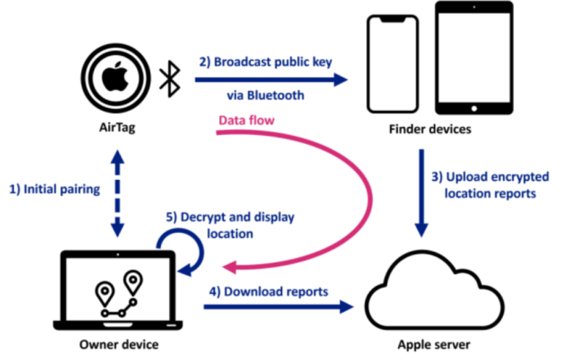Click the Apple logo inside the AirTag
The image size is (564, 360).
pyautogui.click(x=115, y=76)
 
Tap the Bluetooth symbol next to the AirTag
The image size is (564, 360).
pyautogui.click(x=170, y=79)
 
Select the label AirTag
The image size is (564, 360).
pyautogui.click(x=117, y=127)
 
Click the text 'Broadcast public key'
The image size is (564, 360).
pyautogui.click(x=272, y=62)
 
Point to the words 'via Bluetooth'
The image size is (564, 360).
pyautogui.click(x=265, y=96)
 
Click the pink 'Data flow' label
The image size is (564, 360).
pyautogui.click(x=247, y=120)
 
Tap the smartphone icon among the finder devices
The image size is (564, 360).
pyautogui.click(x=393, y=64)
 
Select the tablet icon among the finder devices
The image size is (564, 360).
pyautogui.click(x=474, y=57)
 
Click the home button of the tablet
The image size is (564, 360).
pyautogui.click(x=474, y=108)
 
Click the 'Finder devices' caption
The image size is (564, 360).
pyautogui.click(x=430, y=129)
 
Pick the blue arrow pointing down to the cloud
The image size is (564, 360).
pyautogui.click(x=422, y=193)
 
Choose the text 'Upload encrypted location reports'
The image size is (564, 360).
pyautogui.click(x=490, y=185)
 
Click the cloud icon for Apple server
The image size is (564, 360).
pyautogui.click(x=435, y=290)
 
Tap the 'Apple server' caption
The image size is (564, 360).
pyautogui.click(x=434, y=345)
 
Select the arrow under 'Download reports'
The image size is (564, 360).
pyautogui.click(x=279, y=306)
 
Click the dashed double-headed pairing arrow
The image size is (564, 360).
pyautogui.click(x=117, y=193)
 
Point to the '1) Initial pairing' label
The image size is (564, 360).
pyautogui.click(x=54, y=190)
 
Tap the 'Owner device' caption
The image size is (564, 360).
pyautogui.click(x=119, y=345)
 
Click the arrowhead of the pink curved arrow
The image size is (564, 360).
pyautogui.click(x=230, y=267)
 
